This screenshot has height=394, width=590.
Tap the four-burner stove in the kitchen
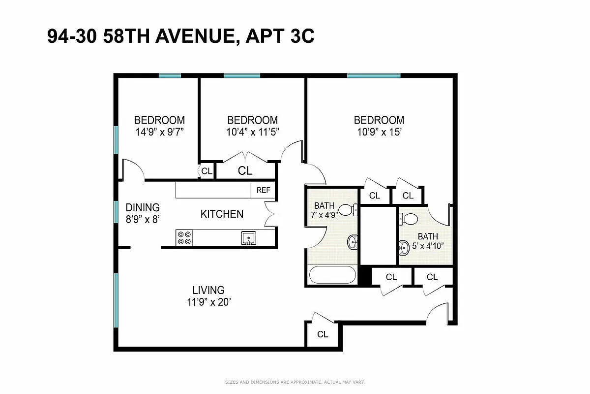(184, 238)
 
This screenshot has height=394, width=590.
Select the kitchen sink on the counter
(249, 238)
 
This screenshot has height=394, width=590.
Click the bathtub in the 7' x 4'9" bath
(333, 275)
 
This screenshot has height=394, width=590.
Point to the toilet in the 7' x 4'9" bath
(348, 209)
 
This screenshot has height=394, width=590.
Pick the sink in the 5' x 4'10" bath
(404, 248)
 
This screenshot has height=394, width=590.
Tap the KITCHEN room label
(222, 214)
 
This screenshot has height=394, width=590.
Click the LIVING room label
(208, 291)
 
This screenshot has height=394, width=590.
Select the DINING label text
(143, 207)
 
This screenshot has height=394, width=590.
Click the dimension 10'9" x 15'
(379, 132)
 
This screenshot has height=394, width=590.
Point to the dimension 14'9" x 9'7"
(159, 132)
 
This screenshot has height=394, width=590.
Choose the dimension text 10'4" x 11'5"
(252, 132)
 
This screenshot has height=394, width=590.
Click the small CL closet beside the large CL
(206, 171)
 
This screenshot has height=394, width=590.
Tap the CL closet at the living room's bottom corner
(323, 335)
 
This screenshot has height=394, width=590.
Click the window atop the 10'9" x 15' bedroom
(374, 75)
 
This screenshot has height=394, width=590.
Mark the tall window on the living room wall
(116, 300)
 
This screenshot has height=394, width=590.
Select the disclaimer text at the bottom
(295, 382)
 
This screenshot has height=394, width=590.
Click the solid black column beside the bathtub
(364, 276)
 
